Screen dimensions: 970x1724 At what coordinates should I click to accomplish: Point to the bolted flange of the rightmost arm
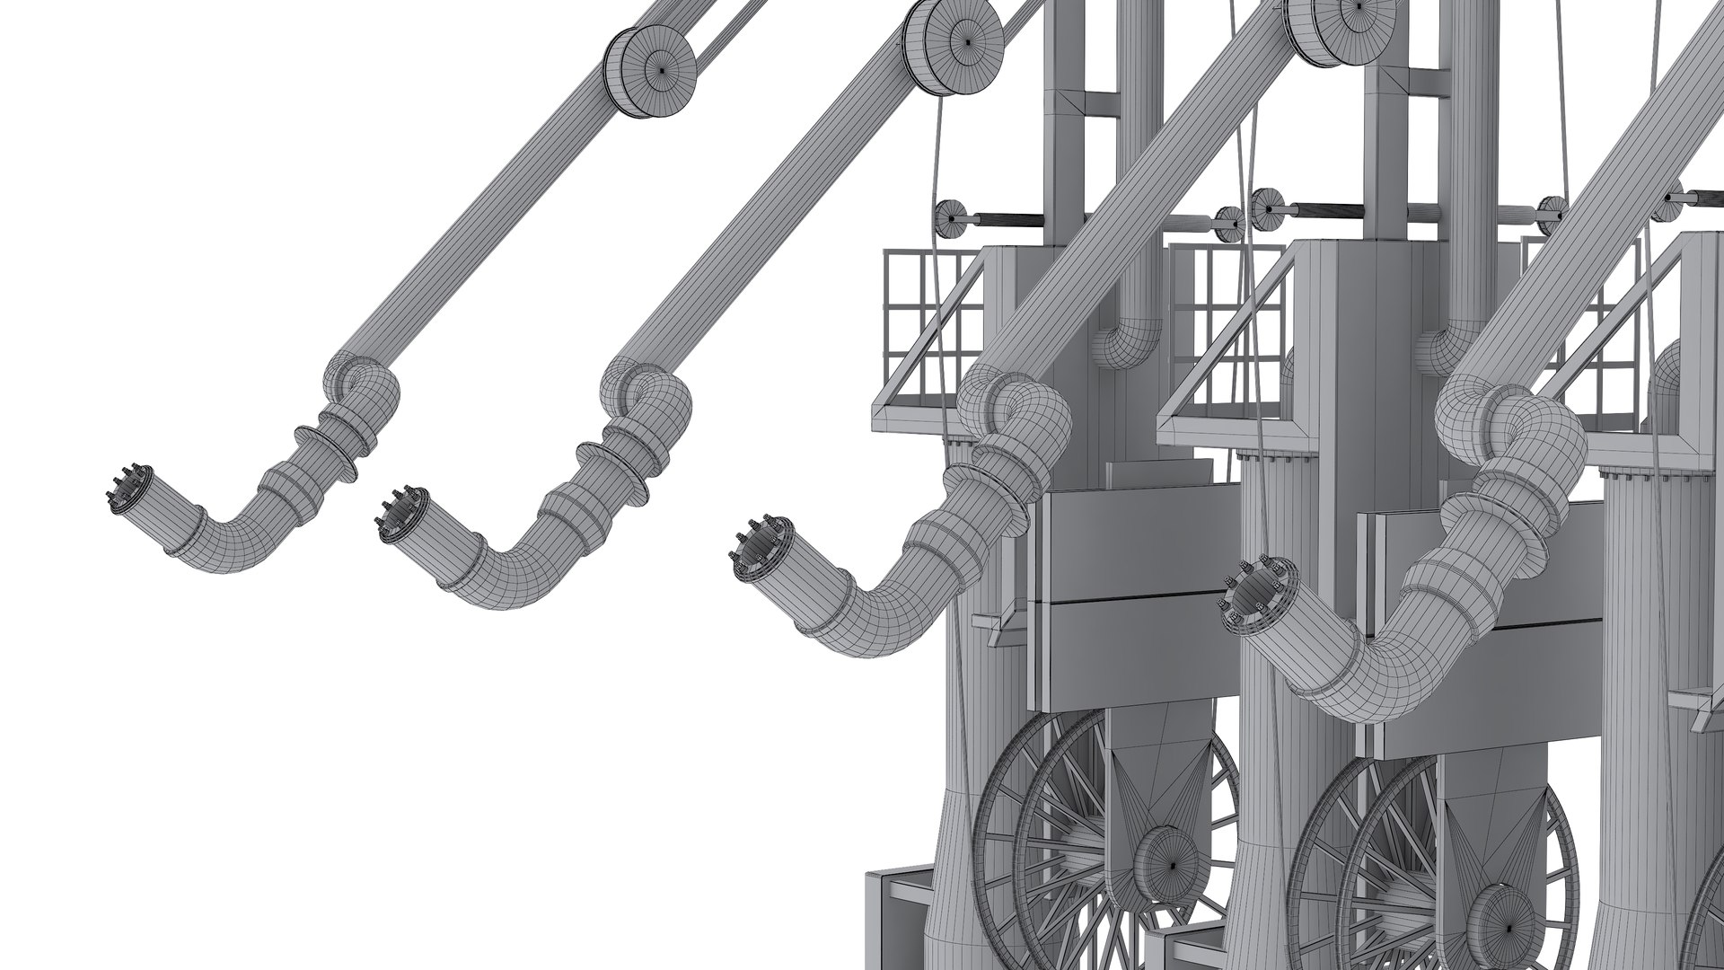[x=1253, y=593]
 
